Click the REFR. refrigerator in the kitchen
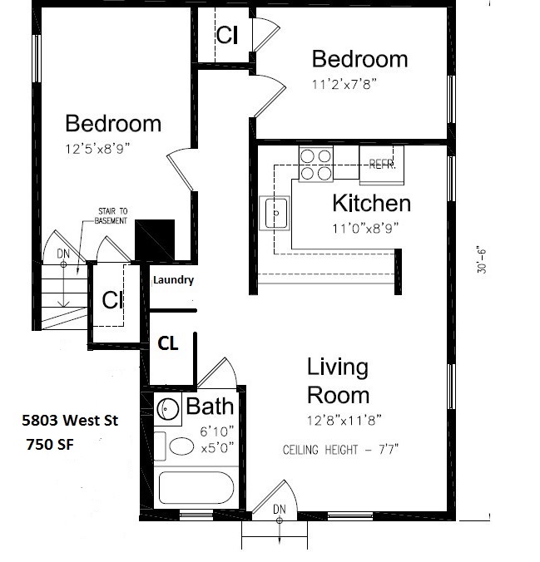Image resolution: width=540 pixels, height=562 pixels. coord(382,165)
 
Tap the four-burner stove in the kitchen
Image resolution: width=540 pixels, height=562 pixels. coord(316,164)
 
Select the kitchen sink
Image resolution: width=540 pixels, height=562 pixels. coord(275,213)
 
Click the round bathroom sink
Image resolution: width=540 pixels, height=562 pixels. coord(167,408)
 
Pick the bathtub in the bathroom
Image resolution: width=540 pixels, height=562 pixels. coord(196,487)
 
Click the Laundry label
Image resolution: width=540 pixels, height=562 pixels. coord(174,280)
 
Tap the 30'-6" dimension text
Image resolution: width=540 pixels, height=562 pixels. coord(482,259)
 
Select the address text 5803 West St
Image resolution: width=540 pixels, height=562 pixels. coord(70,420)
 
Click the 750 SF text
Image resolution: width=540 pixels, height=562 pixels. coord(50,445)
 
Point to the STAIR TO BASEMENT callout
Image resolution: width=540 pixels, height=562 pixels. coord(111,216)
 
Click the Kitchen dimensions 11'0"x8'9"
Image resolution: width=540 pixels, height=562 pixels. coord(365,228)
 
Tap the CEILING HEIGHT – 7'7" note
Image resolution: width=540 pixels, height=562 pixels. coord(340,450)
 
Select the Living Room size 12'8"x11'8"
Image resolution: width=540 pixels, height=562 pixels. coord(344,420)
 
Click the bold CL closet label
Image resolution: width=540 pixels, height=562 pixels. coord(168,343)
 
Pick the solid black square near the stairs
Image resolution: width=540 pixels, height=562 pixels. coord(155,239)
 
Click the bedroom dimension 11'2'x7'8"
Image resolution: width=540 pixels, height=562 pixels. coord(344,85)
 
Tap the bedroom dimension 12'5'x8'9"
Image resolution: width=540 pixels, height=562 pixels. coord(97,148)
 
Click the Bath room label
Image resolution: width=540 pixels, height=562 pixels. coord(210,407)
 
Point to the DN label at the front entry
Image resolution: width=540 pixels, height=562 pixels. coord(280,509)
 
